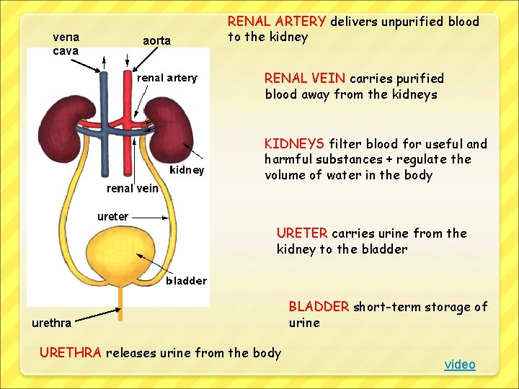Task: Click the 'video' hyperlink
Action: (460, 365)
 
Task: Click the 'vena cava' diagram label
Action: (66, 43)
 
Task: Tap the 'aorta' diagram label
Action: (156, 41)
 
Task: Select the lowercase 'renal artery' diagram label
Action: (167, 78)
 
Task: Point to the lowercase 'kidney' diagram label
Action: (187, 170)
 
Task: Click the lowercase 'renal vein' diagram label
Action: (133, 188)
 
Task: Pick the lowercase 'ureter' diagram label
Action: (113, 215)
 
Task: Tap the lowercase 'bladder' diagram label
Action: (186, 280)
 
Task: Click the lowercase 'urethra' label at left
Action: (51, 323)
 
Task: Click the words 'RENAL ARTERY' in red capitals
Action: (277, 22)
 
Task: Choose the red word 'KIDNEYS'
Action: (294, 144)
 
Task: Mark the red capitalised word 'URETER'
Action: (302, 233)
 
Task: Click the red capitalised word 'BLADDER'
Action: (319, 307)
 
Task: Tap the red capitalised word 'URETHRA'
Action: (71, 353)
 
